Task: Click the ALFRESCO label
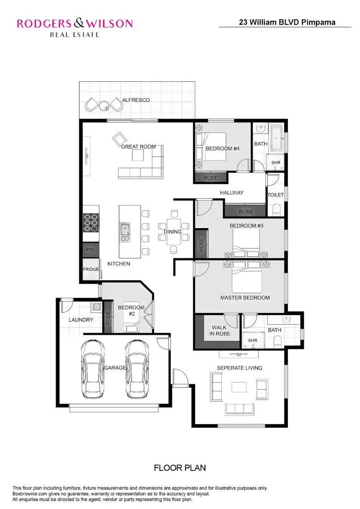(x=136, y=100)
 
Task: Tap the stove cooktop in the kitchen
(x=91, y=223)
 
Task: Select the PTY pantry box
(x=90, y=250)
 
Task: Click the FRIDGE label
(x=91, y=269)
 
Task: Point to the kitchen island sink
(x=125, y=231)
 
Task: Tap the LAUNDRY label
(x=80, y=319)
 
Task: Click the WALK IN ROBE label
(x=219, y=330)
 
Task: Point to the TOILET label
(x=276, y=195)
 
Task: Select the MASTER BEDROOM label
(x=245, y=298)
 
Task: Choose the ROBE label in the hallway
(x=246, y=212)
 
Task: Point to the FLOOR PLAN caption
(x=180, y=467)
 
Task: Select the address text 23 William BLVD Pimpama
(x=287, y=22)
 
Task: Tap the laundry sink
(x=96, y=306)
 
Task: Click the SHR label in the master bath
(x=252, y=340)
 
